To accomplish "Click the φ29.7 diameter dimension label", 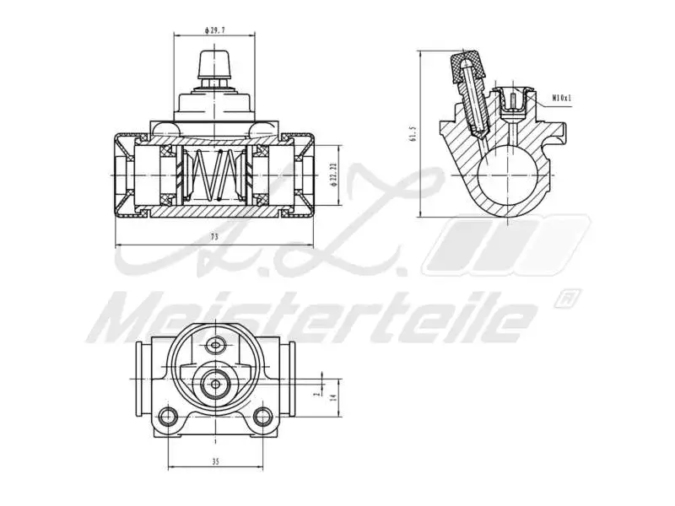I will coord(214,30).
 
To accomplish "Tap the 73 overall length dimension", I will coord(214,238).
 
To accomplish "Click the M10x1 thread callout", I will coord(562,99).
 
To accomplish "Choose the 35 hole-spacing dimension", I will coord(215,461).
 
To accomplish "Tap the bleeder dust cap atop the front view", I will coord(214,63).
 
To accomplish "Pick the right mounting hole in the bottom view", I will coord(262,416).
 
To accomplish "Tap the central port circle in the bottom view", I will coord(216,384).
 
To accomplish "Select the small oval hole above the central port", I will coord(216,344).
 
